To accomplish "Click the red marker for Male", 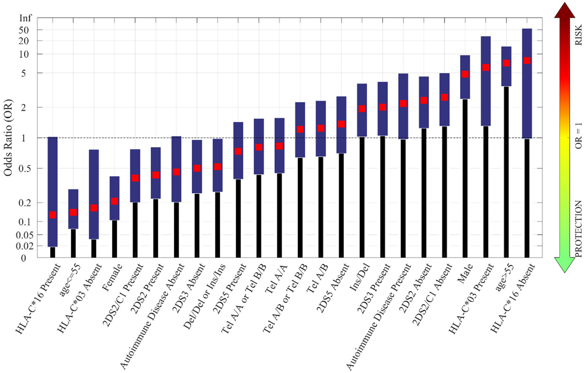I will [465, 74].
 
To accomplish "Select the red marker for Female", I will [115, 201].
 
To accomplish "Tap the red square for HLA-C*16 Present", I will [53, 215].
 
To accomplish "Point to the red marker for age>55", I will [506, 63].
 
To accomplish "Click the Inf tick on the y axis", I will [25, 18].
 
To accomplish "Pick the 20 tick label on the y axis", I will [24, 41].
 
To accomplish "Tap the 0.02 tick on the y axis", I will [23, 246].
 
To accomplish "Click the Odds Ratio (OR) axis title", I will [8, 138].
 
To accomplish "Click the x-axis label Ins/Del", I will [360, 277].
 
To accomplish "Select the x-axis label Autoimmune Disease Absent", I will [152, 316].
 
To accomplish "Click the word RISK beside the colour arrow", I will [578, 35].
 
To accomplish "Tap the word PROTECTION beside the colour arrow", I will [578, 229].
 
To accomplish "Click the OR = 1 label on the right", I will [578, 135].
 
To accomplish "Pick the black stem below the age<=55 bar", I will [73, 243].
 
